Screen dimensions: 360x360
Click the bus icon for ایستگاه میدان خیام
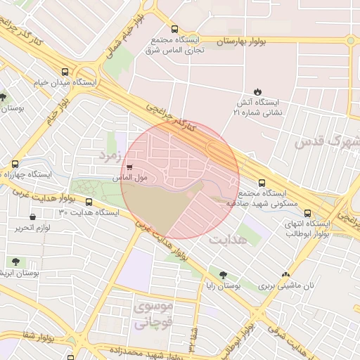[x=65, y=72]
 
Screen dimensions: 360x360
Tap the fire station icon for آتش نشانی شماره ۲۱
[x=257, y=91]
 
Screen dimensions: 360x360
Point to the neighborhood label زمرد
[x=111, y=153]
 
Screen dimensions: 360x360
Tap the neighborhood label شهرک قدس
[x=327, y=143]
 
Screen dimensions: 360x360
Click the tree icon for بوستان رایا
[x=223, y=275]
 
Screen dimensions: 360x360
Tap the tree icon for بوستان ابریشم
[x=12, y=262]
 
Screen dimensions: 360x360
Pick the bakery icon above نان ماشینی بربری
[x=285, y=275]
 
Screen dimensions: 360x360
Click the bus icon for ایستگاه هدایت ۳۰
[x=87, y=202]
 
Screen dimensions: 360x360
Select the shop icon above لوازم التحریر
[x=32, y=217]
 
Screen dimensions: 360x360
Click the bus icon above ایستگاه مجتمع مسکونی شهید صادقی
[x=262, y=182]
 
